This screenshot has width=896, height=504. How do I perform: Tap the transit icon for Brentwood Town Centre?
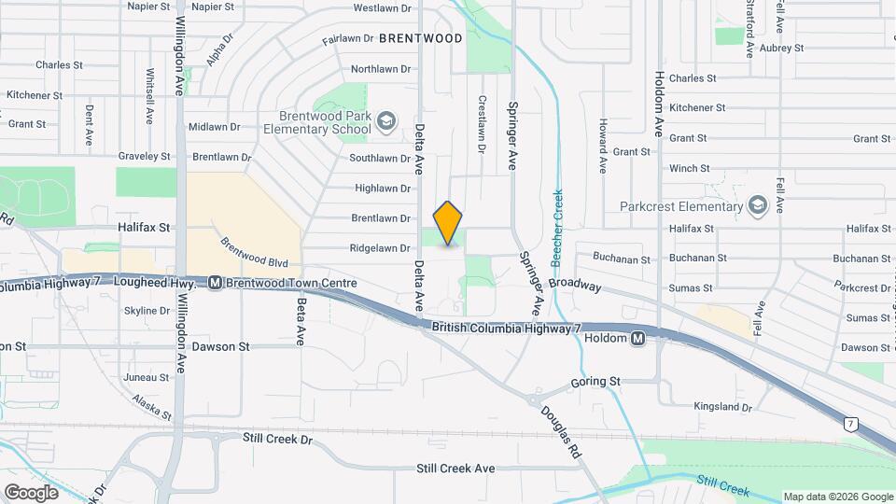(215, 281)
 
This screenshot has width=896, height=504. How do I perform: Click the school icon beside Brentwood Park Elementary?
(388, 121)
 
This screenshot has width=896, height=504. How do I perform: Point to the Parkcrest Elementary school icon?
(758, 206)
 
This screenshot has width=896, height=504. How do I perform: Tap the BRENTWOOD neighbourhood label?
(420, 38)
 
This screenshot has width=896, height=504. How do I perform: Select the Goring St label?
(595, 382)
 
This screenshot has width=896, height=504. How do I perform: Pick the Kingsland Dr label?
(722, 407)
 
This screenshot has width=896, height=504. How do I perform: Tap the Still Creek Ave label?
(455, 469)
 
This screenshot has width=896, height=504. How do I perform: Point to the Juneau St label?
(147, 378)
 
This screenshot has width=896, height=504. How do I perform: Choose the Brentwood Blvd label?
(254, 253)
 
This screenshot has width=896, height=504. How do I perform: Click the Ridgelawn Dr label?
(380, 248)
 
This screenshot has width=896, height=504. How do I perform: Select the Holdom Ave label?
(658, 105)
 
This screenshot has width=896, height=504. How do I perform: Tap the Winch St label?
(689, 169)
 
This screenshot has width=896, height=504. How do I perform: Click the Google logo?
(32, 492)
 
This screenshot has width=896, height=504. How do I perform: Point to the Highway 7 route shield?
(850, 424)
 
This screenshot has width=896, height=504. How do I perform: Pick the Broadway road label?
(575, 285)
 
